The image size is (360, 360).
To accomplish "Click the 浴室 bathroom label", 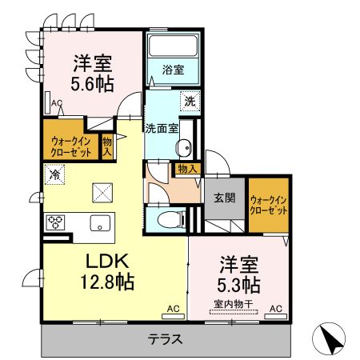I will coord(174,70).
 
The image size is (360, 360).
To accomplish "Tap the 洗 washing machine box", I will coord(190,102).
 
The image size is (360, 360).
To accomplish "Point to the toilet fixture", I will coord(167,218).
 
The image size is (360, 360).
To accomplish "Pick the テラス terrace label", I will coord(165,338).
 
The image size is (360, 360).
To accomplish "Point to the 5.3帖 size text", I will coord(238,284).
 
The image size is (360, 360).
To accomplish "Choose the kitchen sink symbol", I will coord(100,222).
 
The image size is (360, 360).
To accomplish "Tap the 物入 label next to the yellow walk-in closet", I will coord(106,146).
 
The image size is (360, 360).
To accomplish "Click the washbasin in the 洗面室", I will coord(185,147).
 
